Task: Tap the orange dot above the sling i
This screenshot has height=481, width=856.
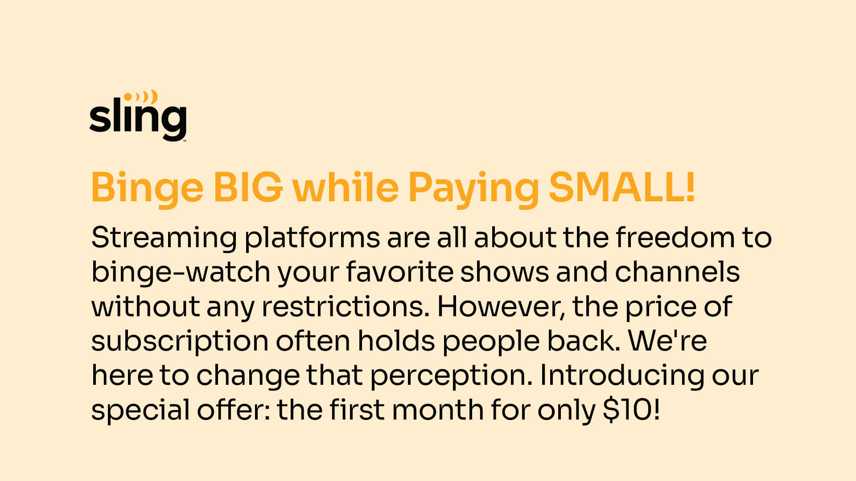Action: point(128,96)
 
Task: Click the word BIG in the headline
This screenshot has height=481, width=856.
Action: point(248,188)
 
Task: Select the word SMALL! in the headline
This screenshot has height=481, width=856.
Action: point(622,188)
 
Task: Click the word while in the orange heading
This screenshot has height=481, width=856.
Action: point(345,187)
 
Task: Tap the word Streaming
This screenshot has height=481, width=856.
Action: point(164,239)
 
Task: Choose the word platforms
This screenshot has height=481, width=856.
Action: point(312,239)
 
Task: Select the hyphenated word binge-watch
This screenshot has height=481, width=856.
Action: point(181,273)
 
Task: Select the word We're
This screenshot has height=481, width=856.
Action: point(667,341)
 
